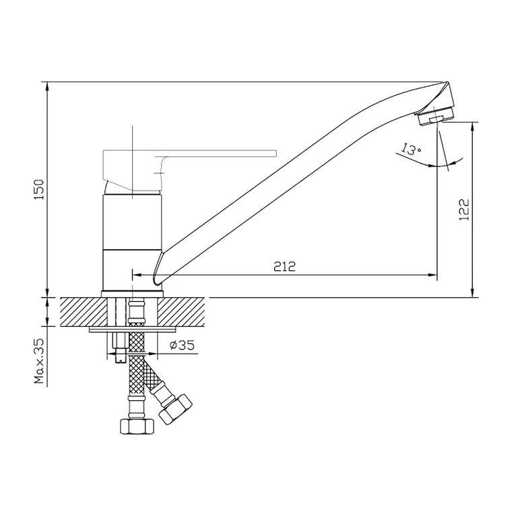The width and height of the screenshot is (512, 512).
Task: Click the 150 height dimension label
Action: [x=39, y=189]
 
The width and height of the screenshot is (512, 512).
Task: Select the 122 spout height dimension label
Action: [x=464, y=210]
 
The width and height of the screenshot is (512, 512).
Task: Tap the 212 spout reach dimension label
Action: [x=285, y=267]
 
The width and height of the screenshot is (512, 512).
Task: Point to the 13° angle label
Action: [x=411, y=149]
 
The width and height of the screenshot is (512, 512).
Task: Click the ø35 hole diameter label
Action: [x=182, y=345]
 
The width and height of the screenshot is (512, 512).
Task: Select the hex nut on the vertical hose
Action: [x=137, y=426]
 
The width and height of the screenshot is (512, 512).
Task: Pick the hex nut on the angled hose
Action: [x=175, y=409]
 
